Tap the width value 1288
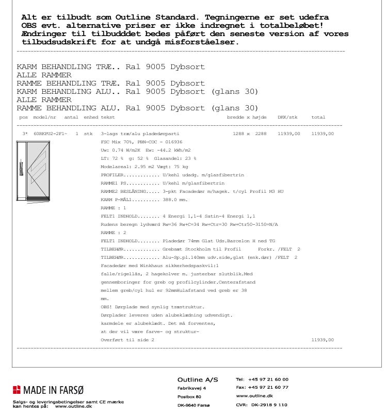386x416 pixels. (242, 134)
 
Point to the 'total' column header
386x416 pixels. (318, 118)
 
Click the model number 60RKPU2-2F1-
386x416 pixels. (50, 134)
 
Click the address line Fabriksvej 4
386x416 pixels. (191, 388)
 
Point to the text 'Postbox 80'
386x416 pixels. (189, 397)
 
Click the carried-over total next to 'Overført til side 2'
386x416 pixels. (323, 340)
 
